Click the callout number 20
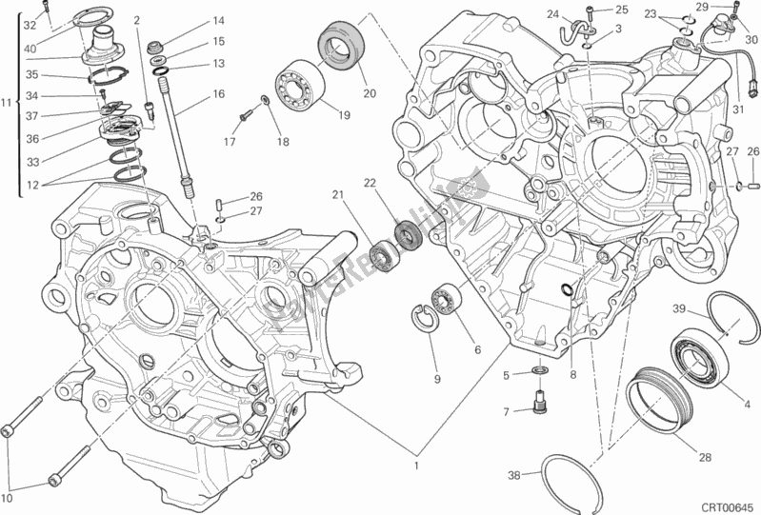coord(369,93)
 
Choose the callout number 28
coord(706,458)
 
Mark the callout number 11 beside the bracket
coord(7,102)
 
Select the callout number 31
coord(736,108)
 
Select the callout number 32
coord(30,24)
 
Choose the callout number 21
coord(337,195)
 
